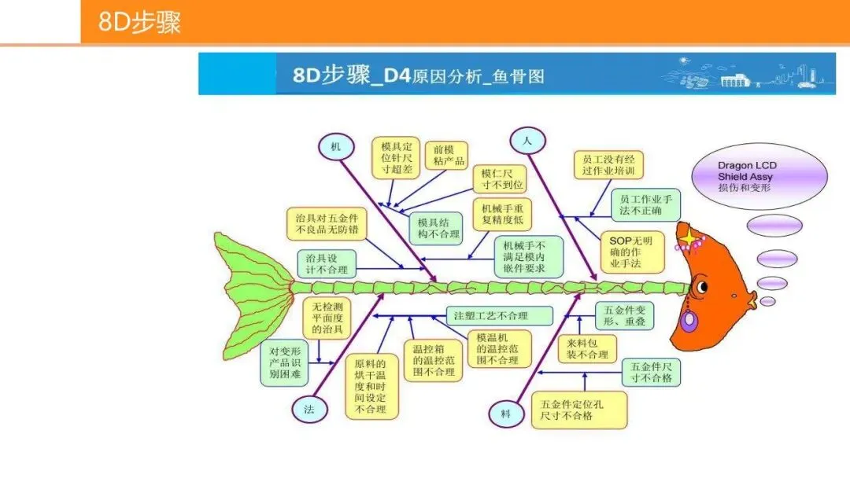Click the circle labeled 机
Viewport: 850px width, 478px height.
coord(336,146)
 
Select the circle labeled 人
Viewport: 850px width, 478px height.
coord(527,142)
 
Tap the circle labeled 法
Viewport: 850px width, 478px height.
coord(308,407)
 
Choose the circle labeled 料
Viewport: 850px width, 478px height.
coord(506,413)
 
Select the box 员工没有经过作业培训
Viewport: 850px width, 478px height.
coord(608,164)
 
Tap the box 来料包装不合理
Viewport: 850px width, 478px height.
coord(587,349)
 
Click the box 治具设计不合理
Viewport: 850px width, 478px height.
coord(326,263)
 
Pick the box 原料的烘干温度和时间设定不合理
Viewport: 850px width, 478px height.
coord(371,386)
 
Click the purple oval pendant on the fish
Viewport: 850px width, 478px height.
coord(689,322)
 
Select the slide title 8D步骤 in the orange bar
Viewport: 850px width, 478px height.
coord(140,22)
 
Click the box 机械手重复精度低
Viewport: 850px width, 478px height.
coord(501,214)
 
